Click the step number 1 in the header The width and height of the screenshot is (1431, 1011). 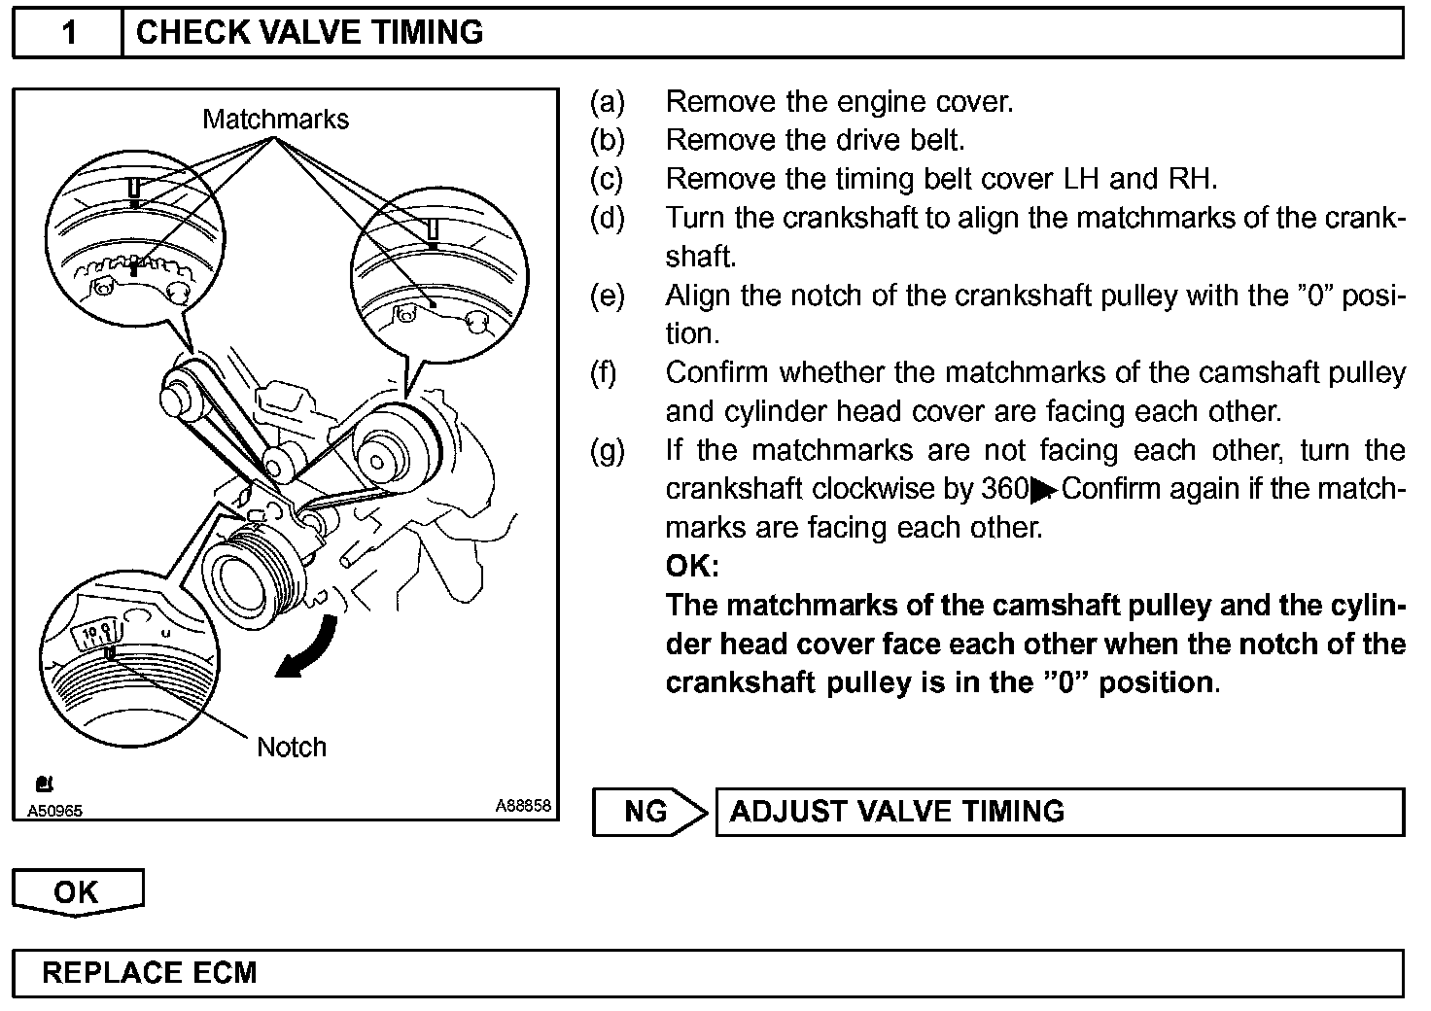[68, 33]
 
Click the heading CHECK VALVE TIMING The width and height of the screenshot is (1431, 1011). [309, 33]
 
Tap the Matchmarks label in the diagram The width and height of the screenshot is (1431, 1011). [275, 120]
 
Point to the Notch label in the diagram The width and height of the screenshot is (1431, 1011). [291, 747]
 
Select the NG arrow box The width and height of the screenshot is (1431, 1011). [649, 812]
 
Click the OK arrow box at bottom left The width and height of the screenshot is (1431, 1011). [77, 891]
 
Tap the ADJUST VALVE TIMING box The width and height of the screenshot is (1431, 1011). [1059, 812]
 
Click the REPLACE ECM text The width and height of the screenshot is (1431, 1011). [150, 973]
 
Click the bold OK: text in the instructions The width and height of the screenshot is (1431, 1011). [692, 566]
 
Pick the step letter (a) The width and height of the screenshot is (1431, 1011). [608, 101]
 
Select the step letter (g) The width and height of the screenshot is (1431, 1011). [608, 450]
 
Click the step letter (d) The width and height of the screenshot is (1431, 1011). [608, 218]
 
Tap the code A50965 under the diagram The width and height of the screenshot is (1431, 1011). [54, 811]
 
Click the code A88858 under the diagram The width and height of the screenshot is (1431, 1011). [523, 806]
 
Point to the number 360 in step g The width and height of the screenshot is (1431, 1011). [1005, 489]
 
